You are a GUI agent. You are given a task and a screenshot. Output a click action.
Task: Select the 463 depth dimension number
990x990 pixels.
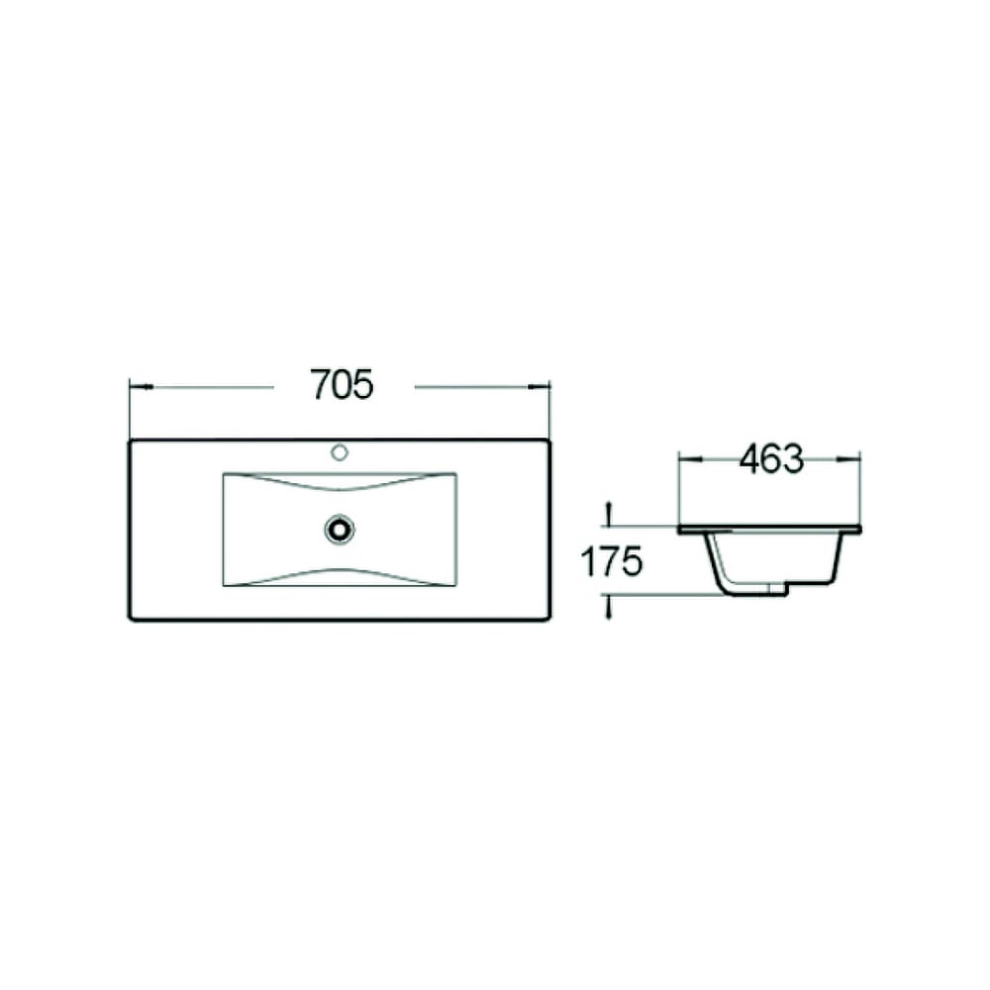pos(771,459)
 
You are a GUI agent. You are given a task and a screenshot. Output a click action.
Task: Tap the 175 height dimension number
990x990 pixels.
pos(611,561)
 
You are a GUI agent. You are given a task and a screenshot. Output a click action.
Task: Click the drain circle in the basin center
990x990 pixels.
pos(340,529)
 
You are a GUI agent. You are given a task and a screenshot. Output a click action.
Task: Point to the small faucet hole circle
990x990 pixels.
pos(340,452)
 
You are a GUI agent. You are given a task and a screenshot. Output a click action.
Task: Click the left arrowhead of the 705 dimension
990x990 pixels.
pos(142,386)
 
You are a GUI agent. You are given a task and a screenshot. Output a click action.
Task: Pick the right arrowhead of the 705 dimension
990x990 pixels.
pos(539,386)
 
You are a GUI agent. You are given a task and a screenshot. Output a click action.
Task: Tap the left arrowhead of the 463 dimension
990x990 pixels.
pos(690,459)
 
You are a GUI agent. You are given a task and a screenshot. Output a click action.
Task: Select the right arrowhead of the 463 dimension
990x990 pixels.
pos(848,459)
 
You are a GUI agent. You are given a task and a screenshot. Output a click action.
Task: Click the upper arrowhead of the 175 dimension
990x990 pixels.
pos(609,513)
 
